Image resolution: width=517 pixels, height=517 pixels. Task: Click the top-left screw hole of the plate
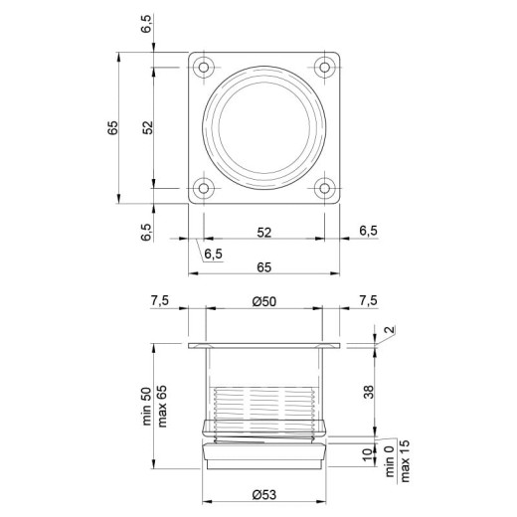[x=204, y=68]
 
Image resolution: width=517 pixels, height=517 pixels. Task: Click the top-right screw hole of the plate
[x=324, y=68]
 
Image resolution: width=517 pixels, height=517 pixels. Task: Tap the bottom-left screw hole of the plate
[x=204, y=188]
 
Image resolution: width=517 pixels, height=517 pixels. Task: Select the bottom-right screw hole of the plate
[x=324, y=188]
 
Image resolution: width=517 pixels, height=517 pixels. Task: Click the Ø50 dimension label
[x=264, y=301]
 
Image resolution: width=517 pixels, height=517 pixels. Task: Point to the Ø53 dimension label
[x=264, y=495]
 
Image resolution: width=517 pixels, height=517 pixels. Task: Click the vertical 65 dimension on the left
[x=112, y=127]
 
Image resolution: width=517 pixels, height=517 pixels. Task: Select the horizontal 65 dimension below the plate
[x=264, y=267]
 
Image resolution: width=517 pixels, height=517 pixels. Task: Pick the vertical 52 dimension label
[x=148, y=127]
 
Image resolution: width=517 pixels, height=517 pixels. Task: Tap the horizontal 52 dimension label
[x=264, y=233]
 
